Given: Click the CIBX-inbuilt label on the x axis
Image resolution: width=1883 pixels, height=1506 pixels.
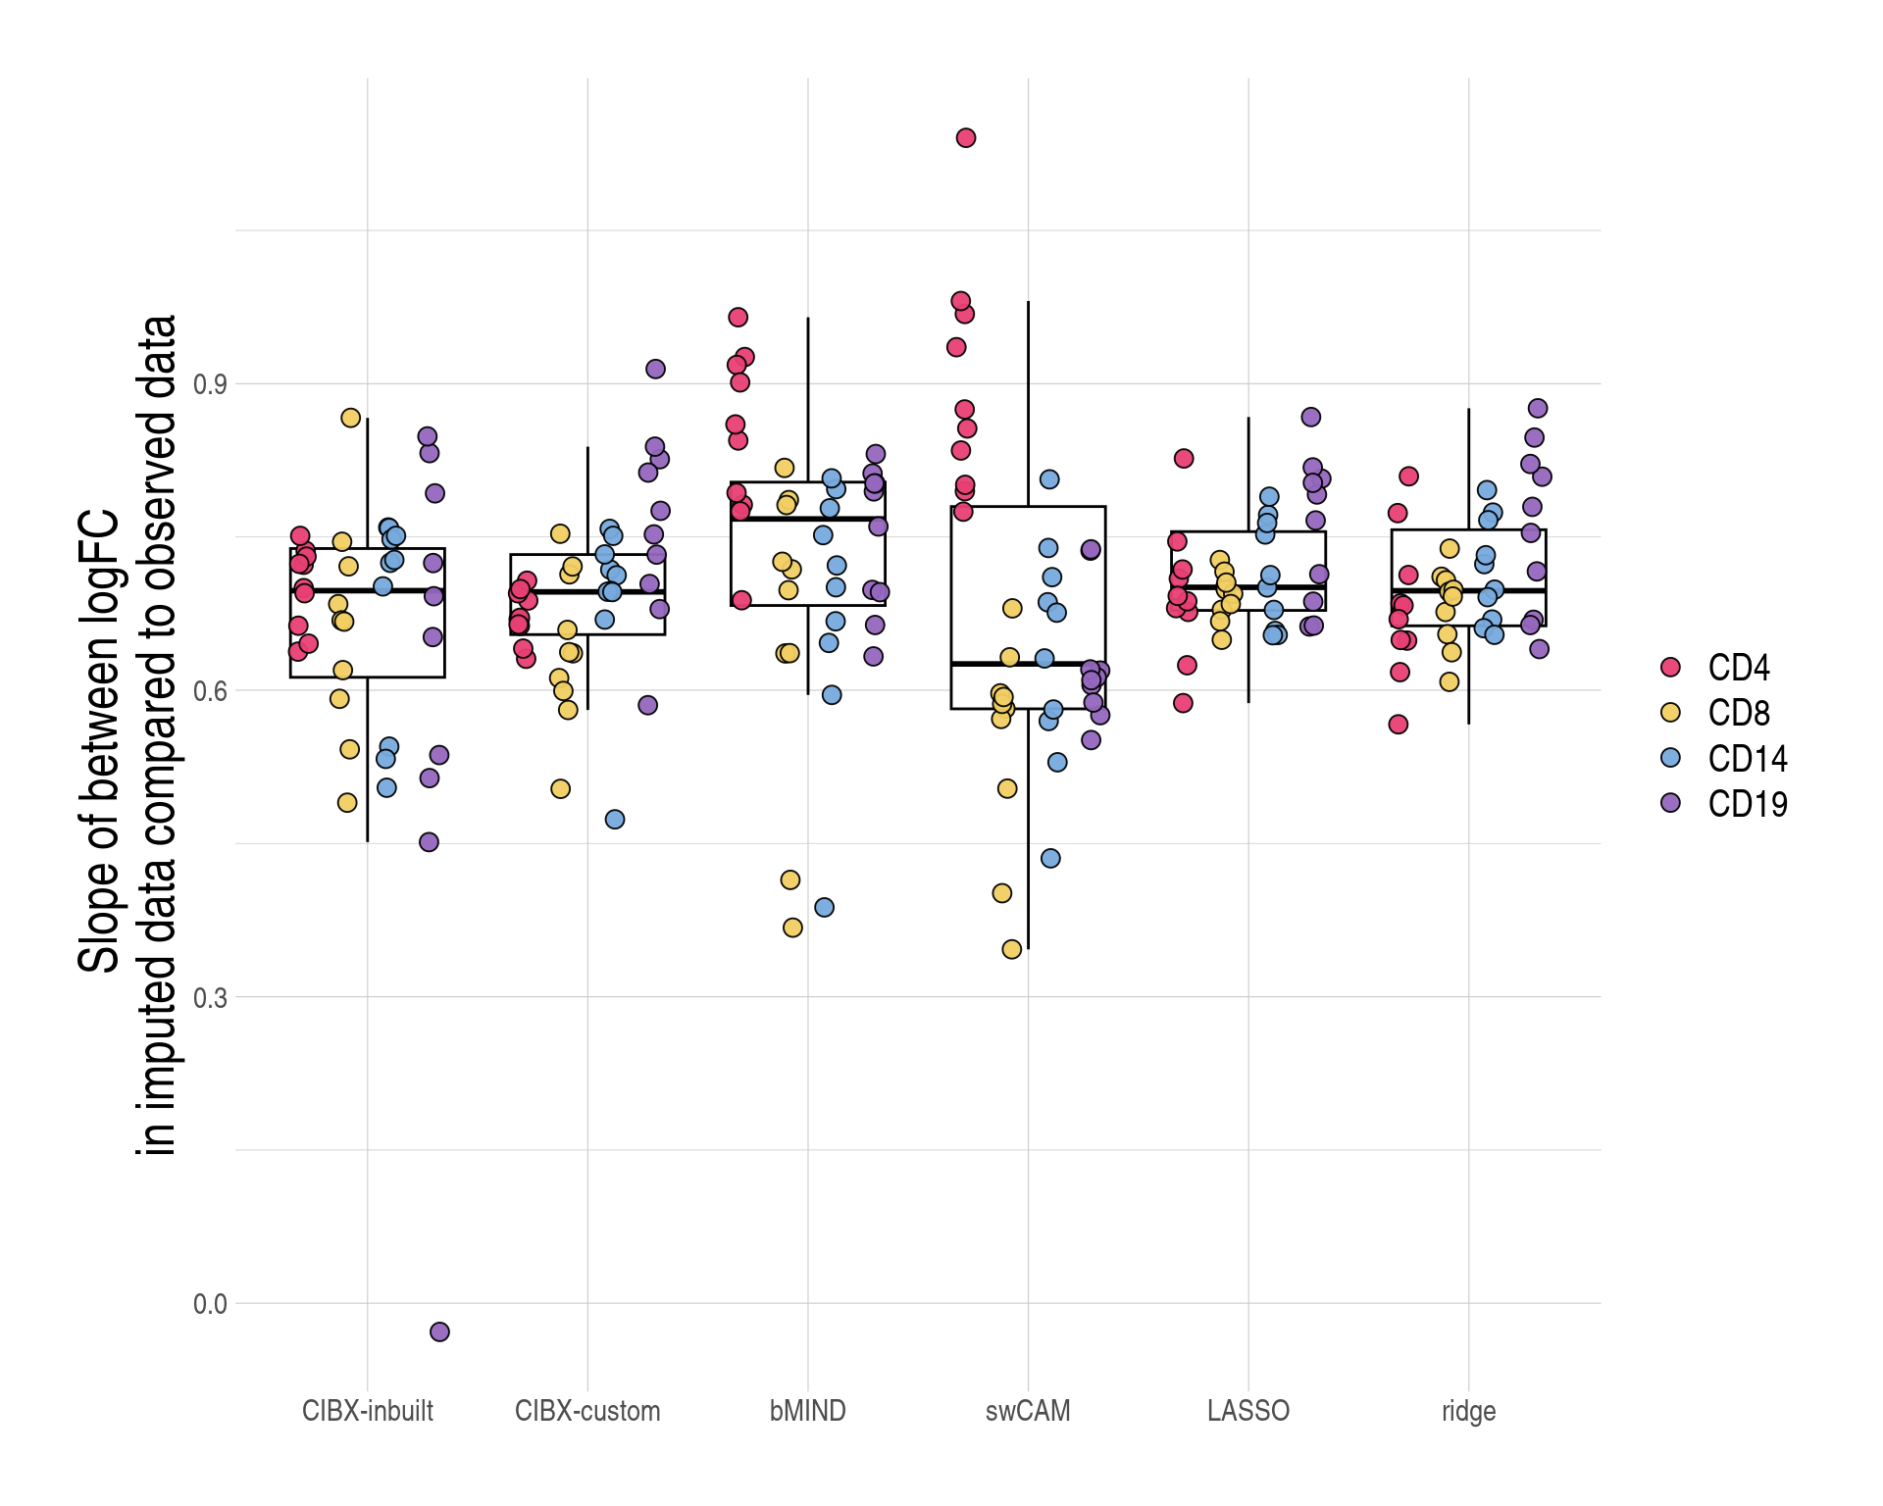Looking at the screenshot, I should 367,1411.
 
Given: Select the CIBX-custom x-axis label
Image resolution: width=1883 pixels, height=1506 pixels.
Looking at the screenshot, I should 587,1411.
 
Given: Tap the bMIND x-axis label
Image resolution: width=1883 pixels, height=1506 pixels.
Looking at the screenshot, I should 807,1411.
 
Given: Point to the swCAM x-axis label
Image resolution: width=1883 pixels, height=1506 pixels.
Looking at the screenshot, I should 1028,1411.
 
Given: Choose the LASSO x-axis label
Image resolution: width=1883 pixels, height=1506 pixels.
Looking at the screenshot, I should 1247,1411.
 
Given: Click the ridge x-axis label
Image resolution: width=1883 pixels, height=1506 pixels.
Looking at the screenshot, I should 1468,1411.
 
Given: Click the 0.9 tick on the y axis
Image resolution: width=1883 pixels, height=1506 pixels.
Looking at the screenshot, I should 209,383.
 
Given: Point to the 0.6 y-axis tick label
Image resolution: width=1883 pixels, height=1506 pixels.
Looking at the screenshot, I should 209,690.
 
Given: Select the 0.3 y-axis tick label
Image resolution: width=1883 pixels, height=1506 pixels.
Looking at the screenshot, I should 209,997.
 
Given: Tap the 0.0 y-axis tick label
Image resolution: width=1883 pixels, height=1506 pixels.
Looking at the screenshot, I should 209,1304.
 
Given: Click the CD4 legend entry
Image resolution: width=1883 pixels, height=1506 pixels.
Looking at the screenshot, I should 1738,668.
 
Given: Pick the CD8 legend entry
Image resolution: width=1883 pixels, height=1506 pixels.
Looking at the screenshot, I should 1738,713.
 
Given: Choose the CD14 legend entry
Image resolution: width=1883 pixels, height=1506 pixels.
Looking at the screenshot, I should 1747,758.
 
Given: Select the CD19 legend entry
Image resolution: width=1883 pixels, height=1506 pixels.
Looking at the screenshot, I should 1747,804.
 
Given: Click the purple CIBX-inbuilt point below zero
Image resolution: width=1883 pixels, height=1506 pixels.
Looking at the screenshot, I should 439,1331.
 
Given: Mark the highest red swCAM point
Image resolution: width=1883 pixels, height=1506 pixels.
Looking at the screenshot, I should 966,138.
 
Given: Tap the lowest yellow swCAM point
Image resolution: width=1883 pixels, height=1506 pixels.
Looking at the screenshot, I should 1012,949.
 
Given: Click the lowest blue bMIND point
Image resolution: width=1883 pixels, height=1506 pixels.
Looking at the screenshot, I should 825,907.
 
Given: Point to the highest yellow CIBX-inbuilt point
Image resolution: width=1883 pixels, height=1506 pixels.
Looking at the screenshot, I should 350,418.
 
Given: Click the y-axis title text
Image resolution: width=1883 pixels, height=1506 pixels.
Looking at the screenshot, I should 127,735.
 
